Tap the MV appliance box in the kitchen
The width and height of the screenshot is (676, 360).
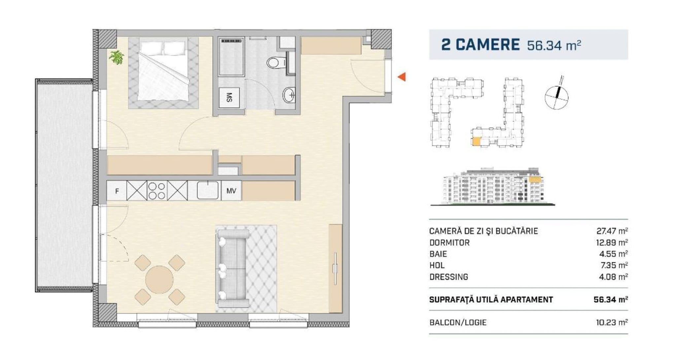tap(231, 190)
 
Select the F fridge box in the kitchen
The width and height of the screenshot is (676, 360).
tap(117, 191)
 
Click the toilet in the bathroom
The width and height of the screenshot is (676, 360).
tap(277, 62)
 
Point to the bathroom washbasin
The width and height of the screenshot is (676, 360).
tap(289, 95)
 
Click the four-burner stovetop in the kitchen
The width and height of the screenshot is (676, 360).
tap(157, 191)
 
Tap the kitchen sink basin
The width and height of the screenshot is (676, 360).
tap(208, 190)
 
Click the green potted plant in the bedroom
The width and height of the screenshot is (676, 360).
tap(117, 57)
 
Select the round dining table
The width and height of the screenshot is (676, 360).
tap(159, 280)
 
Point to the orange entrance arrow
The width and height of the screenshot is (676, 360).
tap(401, 77)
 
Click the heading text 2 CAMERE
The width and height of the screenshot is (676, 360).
tap(480, 45)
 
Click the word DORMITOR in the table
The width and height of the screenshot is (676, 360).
tap(449, 243)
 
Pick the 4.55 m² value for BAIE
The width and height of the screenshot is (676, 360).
tap(613, 254)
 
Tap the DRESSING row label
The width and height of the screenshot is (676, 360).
tap(449, 277)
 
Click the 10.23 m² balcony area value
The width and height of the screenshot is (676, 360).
tap(612, 322)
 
